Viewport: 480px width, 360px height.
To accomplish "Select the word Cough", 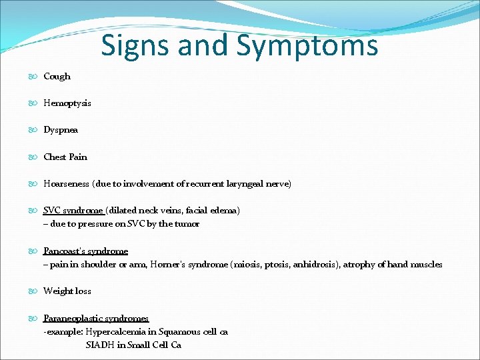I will [57, 77].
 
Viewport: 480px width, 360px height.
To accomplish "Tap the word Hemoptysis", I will [67, 103].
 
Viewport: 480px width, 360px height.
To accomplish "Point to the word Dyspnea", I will [61, 130].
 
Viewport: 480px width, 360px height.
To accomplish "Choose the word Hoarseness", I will [67, 184].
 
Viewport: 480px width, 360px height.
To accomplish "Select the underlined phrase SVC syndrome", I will [73, 211].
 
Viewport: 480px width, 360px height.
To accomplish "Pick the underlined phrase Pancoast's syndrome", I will [85, 251].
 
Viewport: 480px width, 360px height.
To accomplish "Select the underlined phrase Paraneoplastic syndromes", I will [96, 319].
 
